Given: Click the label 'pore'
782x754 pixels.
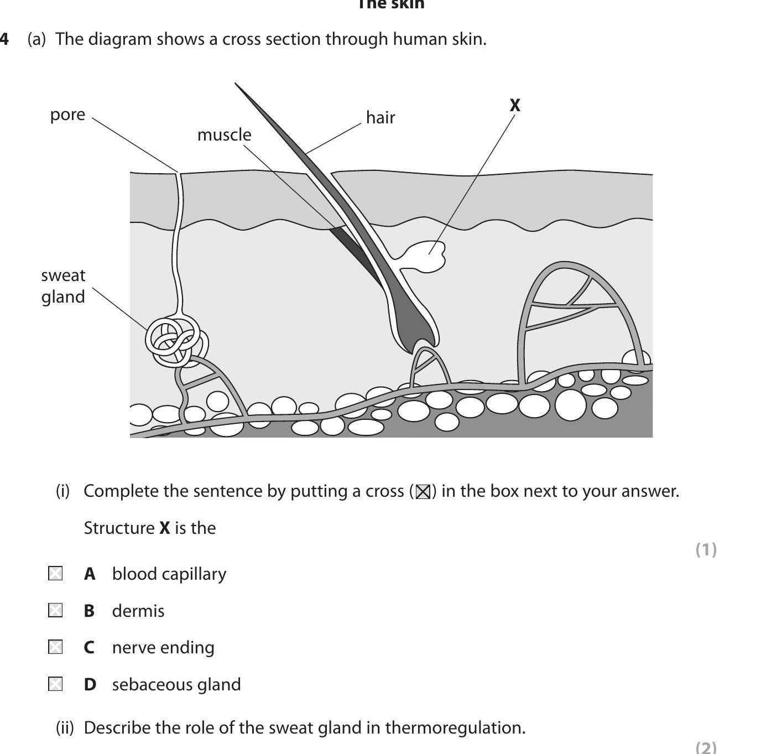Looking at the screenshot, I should (67, 115).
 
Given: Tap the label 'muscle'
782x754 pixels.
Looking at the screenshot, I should (224, 134).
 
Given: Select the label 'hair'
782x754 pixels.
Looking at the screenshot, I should (380, 117).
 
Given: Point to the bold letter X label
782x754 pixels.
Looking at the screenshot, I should (515, 105).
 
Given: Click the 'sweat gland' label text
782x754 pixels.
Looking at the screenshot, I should (63, 286).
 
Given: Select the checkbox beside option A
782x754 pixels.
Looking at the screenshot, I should (55, 574).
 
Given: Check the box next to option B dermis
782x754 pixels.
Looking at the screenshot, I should (55, 611).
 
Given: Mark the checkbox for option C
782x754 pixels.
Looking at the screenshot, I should (55, 647).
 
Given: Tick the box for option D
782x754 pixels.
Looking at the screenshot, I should (55, 684).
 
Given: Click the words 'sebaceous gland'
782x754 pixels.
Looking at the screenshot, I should (176, 684).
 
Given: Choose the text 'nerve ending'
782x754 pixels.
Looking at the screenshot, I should (163, 647).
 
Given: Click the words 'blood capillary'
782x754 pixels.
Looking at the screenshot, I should (169, 574).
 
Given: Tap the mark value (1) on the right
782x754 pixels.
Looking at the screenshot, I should (706, 549).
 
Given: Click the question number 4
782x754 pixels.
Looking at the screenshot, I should (4, 39).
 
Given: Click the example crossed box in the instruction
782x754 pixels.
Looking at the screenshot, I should (423, 491).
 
